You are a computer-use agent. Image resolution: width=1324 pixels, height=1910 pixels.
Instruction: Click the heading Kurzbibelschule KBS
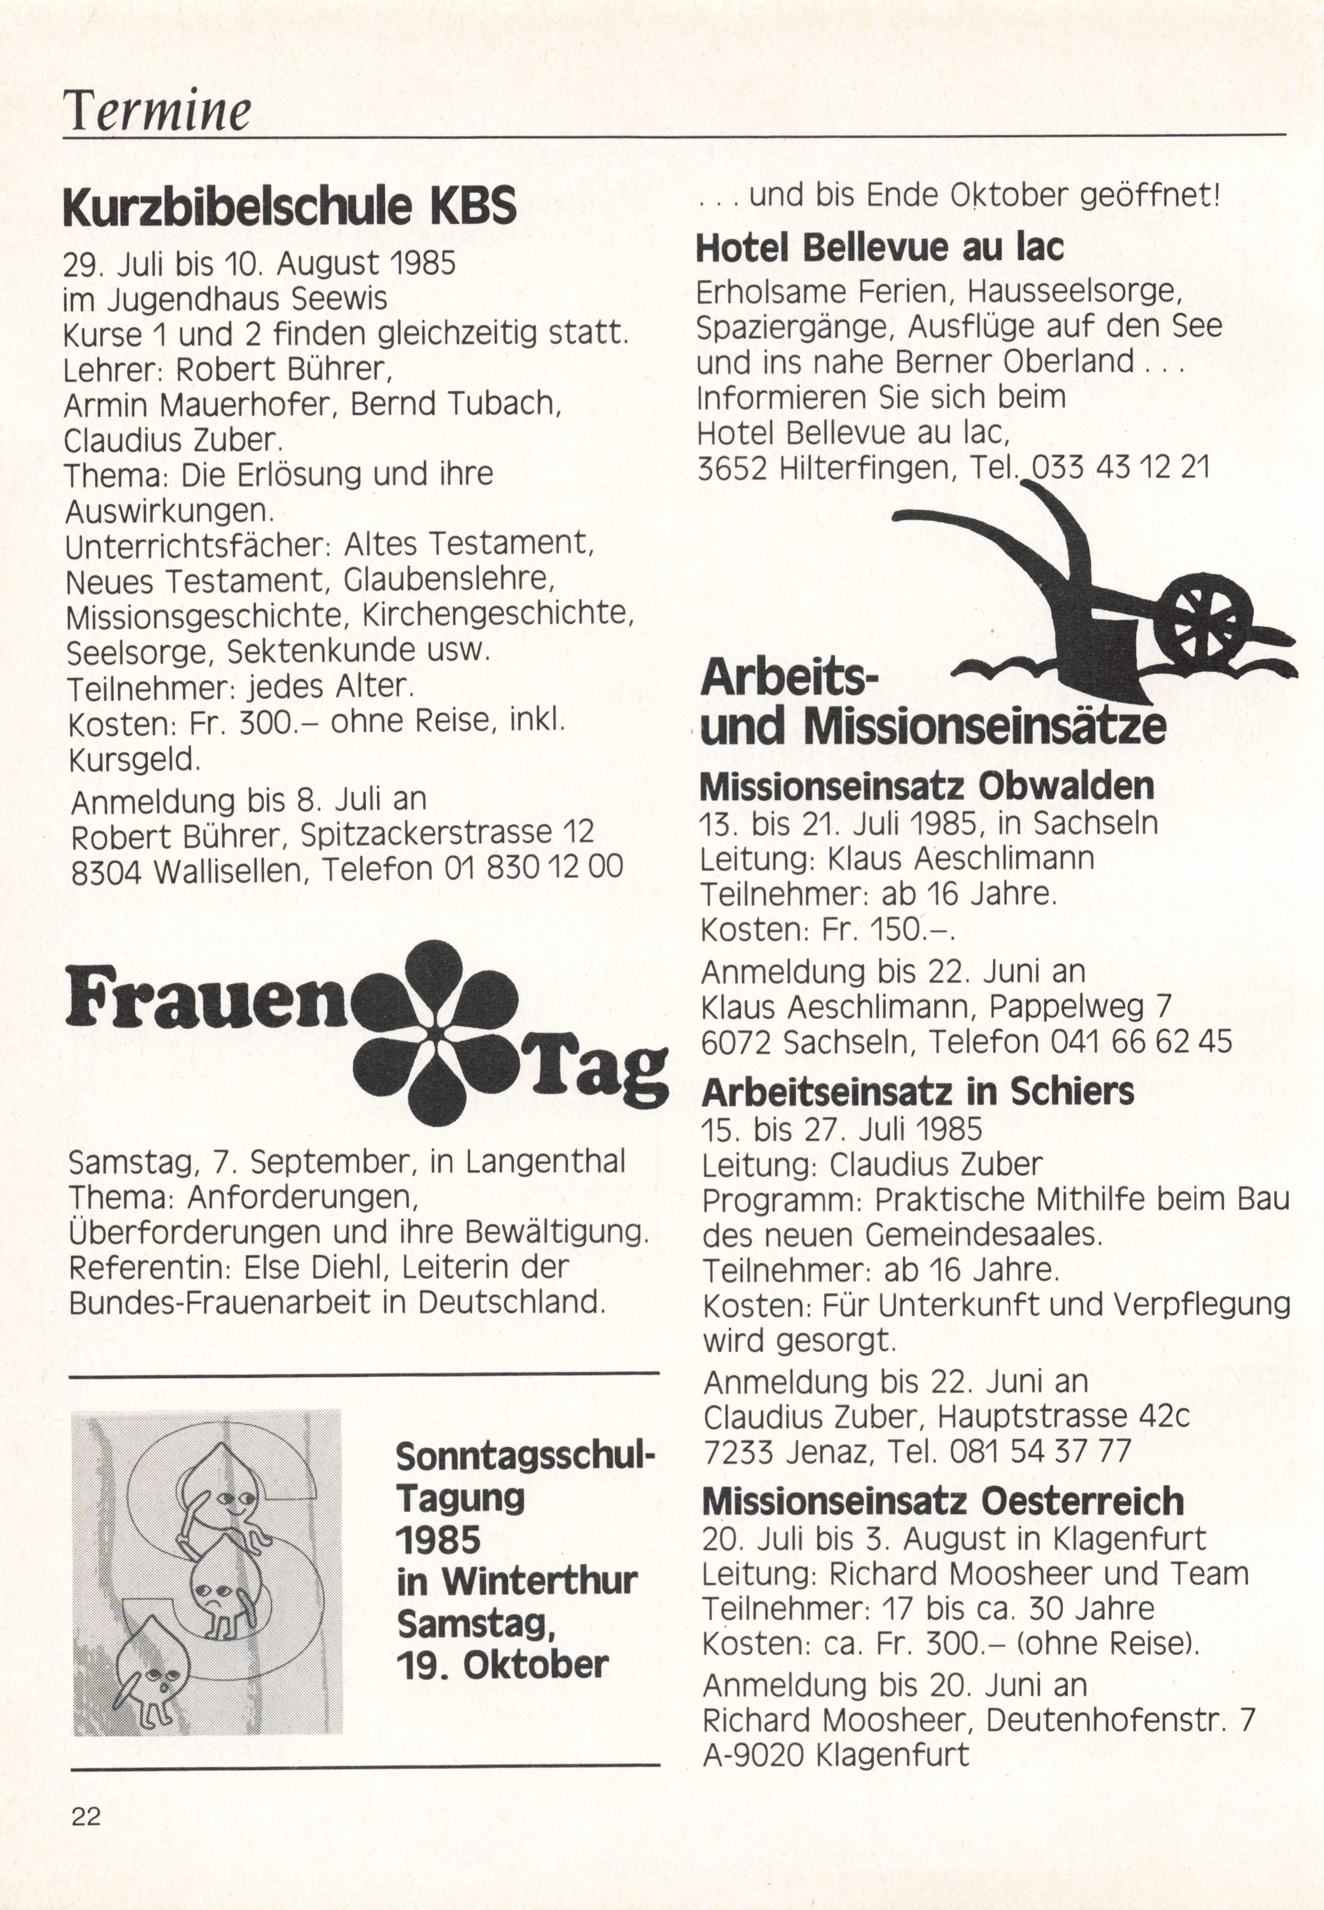289,207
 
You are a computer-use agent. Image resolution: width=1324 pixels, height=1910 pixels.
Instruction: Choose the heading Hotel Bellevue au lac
879,247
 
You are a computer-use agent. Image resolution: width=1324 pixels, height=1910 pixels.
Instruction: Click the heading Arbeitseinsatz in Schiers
918,1092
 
